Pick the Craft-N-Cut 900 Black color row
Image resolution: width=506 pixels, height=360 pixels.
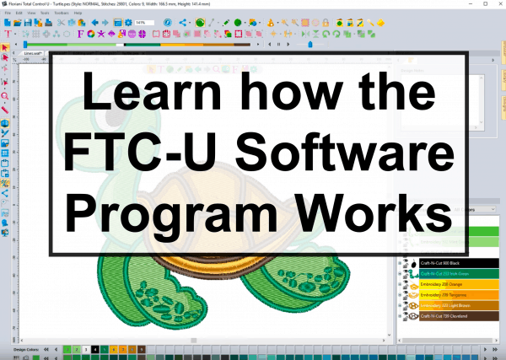456,263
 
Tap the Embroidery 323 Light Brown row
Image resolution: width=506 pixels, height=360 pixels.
456,305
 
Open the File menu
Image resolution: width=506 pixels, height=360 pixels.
8,13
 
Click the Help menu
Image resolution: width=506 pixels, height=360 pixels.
78,13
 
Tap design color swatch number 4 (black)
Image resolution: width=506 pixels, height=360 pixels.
95,348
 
